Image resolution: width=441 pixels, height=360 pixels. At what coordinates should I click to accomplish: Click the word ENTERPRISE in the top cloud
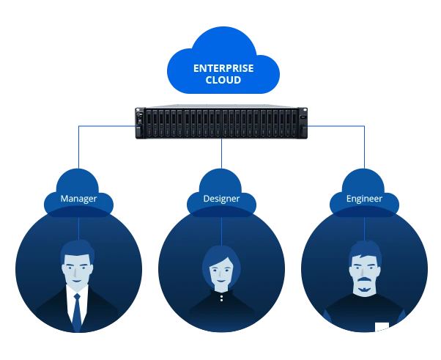(223, 68)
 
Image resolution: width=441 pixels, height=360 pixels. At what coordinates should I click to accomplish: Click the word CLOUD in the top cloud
(223, 80)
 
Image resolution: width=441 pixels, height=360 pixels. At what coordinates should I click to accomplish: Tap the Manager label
(78, 199)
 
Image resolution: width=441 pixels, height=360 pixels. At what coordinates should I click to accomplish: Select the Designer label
(221, 199)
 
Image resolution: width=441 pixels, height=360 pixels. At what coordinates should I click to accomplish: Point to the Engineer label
(364, 199)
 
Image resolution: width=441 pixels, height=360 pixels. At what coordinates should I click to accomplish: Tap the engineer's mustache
(364, 288)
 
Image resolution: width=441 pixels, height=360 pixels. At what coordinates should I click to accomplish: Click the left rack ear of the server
(139, 123)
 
